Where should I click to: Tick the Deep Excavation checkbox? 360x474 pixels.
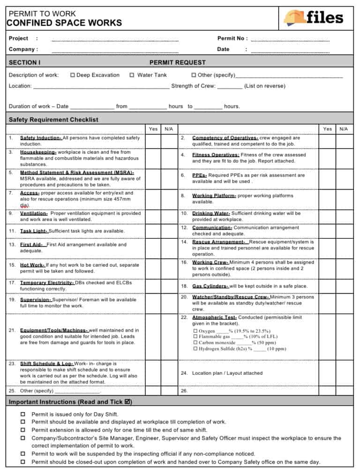[73, 75]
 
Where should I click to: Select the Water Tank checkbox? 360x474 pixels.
[132, 75]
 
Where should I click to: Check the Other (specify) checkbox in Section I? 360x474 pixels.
[194, 75]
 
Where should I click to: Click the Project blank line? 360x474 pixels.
[115, 39]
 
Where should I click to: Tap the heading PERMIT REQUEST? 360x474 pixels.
[177, 62]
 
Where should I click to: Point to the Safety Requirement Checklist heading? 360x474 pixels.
[53, 119]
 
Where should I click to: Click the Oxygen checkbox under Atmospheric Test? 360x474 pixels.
[195, 331]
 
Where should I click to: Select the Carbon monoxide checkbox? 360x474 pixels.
[195, 343]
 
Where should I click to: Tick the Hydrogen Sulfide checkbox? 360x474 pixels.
[195, 349]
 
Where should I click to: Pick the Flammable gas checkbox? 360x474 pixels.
[195, 337]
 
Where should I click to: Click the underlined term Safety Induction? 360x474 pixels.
[41, 138]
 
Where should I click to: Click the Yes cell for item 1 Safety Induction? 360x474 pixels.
[153, 141]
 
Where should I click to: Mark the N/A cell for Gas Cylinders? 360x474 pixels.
[343, 286]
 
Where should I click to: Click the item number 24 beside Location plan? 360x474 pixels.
[184, 373]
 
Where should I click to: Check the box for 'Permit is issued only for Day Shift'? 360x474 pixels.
[23, 414]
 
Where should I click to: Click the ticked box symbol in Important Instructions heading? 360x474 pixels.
[128, 402]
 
